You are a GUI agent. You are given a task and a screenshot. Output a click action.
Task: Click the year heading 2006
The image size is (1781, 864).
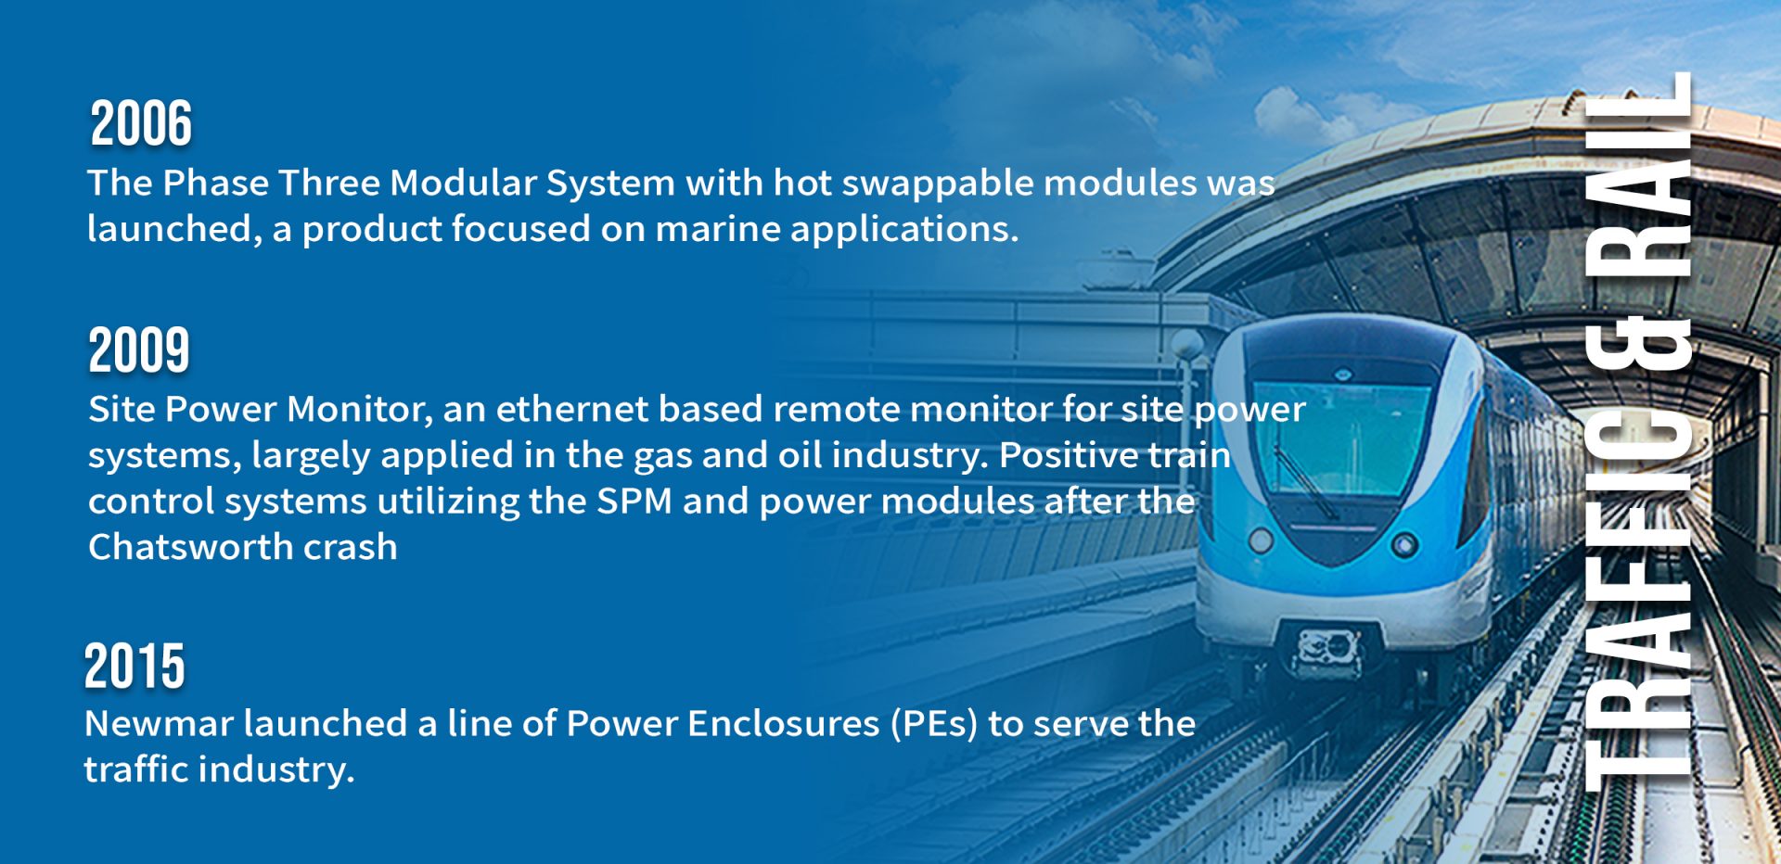pos(141,123)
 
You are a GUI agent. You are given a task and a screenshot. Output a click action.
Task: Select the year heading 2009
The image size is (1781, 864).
pos(139,350)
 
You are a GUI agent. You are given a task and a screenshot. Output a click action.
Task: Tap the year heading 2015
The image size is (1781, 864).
pos(135,667)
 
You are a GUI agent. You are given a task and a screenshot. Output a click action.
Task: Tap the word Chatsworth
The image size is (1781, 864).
pos(190,547)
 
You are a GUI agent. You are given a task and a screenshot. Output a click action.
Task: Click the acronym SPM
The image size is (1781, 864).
pos(634,502)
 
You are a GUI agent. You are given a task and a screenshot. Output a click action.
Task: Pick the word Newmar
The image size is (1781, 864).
pos(159,724)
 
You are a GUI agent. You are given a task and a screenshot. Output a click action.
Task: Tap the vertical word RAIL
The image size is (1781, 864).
pos(1639,176)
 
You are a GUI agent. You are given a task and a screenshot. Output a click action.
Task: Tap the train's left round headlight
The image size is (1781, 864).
pos(1261,540)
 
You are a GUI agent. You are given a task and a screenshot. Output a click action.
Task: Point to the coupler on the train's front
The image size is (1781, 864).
pos(1329,650)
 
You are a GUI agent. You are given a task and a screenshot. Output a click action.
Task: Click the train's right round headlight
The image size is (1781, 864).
pos(1404,544)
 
